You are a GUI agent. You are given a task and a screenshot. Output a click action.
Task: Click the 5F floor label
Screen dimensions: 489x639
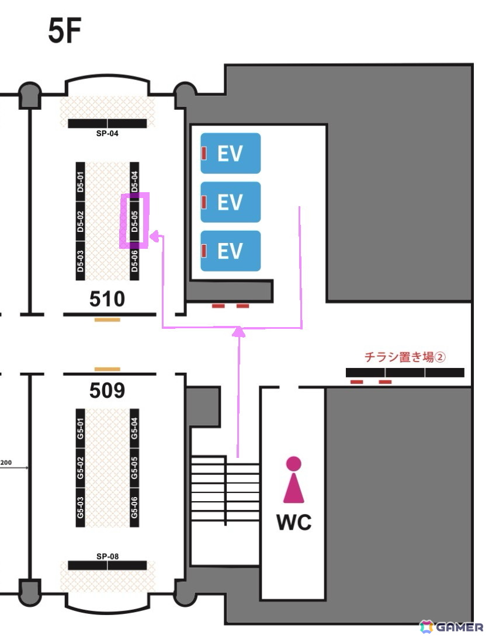point(64,31)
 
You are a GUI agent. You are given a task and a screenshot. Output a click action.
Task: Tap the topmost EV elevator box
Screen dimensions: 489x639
point(231,153)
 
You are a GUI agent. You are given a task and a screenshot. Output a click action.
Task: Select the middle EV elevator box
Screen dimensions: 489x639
point(231,202)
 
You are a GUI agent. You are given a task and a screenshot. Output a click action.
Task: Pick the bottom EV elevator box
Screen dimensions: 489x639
point(231,251)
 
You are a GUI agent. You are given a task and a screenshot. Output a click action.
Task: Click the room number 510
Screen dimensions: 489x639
point(107,298)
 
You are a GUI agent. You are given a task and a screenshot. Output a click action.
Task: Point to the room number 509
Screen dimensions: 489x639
point(107,390)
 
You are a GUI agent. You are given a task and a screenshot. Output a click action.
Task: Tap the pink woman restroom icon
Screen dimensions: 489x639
point(294,480)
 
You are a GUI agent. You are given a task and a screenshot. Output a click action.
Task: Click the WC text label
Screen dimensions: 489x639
point(294,522)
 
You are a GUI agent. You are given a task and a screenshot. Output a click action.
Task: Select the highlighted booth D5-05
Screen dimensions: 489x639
point(134,221)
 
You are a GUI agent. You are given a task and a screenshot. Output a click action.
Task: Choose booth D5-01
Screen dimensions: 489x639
point(80,181)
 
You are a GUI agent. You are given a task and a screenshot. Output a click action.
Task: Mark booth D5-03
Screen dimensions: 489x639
point(80,261)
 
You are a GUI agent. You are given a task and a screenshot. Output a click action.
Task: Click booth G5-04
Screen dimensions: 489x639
point(134,428)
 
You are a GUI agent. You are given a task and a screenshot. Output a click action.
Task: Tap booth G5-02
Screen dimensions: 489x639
point(80,467)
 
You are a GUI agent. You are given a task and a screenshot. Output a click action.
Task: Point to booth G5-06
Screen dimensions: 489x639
point(134,508)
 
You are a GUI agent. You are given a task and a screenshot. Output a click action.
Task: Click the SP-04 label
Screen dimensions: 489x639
point(107,133)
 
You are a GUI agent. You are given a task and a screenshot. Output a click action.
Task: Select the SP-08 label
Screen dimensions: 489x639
point(107,556)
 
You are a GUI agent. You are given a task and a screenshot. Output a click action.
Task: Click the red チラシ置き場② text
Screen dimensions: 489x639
point(405,357)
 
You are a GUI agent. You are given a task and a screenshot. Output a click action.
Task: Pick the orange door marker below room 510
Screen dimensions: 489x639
point(107,320)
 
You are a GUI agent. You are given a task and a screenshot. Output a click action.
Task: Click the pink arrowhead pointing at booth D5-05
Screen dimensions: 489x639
point(154,236)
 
